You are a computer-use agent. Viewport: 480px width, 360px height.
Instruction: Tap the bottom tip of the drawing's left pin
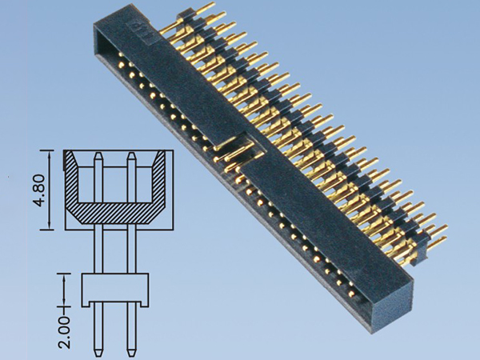tap(98, 351)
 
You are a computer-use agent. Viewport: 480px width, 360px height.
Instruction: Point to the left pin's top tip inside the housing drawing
tap(98, 154)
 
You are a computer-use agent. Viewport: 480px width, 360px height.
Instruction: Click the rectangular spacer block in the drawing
tap(115, 290)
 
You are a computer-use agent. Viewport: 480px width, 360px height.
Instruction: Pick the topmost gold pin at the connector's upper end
tap(210, 7)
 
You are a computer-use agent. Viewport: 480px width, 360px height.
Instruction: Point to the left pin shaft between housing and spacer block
tap(98, 251)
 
